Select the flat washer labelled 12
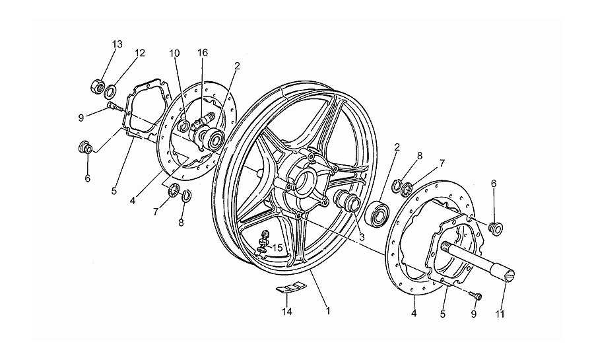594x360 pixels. [111, 91]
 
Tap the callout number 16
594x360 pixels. [203, 53]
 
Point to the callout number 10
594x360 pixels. [174, 54]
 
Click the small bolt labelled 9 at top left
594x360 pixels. [115, 106]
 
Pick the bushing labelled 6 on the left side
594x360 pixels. [85, 147]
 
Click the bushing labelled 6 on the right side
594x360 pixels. [496, 228]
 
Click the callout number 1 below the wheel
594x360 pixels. [328, 311]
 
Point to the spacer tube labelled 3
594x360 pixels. [345, 201]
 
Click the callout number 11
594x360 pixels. [500, 314]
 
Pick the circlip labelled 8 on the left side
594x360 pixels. [187, 196]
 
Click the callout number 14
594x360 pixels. [287, 312]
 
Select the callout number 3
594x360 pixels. [362, 238]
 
